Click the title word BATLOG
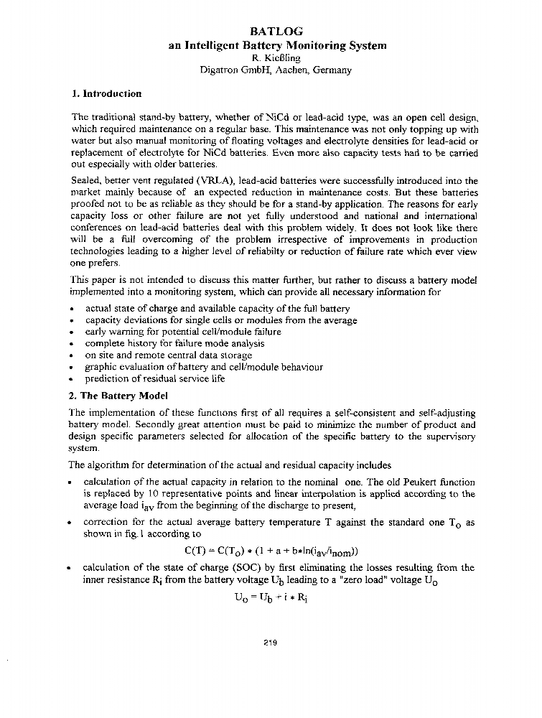click(276, 32)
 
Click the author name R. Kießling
click(276, 57)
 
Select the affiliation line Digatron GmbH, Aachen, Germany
click(276, 70)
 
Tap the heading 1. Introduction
click(107, 93)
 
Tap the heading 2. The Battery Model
click(118, 396)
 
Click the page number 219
click(270, 642)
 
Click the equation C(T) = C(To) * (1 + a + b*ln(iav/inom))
click(276, 551)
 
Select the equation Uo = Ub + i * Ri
click(276, 596)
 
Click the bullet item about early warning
click(183, 332)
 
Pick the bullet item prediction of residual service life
click(154, 378)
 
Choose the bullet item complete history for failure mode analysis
click(174, 343)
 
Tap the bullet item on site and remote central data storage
click(169, 355)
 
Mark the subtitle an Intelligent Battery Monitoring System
click(276, 45)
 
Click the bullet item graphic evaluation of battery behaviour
click(204, 367)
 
